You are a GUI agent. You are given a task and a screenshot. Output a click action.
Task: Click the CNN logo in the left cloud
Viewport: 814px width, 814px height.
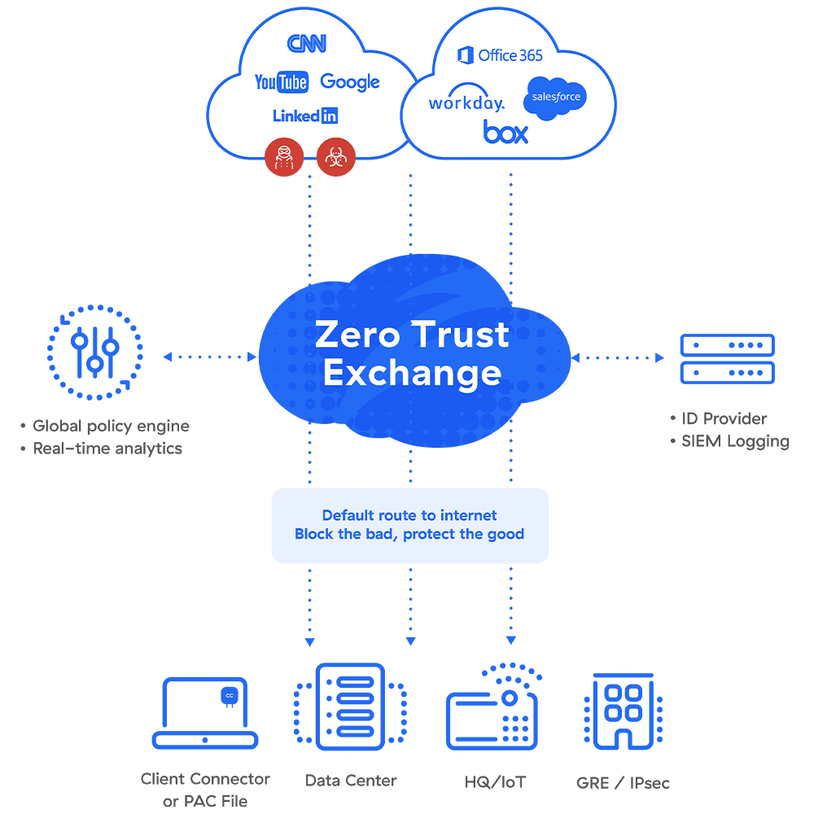pos(306,43)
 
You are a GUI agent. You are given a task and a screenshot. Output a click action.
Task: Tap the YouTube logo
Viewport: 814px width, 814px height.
pos(281,82)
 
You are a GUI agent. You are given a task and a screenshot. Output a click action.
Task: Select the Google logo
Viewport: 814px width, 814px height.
pos(350,81)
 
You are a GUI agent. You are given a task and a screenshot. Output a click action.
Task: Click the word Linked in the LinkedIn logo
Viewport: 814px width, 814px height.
pos(296,116)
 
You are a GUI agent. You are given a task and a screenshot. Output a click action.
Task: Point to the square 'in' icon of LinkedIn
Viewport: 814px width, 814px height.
pos(330,116)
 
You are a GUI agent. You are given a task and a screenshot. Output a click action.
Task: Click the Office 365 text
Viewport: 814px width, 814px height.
pos(510,55)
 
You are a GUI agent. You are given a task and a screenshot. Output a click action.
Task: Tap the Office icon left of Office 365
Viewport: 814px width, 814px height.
pos(466,55)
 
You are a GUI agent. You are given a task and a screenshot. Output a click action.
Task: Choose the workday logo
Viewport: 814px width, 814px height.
pos(466,103)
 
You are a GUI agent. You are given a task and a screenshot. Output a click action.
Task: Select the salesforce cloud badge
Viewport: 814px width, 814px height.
pos(556,97)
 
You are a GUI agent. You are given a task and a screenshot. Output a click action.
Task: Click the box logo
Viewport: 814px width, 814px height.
pos(505,132)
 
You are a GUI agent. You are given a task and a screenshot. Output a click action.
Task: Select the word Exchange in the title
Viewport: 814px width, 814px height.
pos(412,373)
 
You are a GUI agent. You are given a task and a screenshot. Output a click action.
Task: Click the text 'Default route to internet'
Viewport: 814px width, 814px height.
pos(409,515)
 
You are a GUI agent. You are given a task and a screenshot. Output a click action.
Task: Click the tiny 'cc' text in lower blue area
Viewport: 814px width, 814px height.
pos(230,696)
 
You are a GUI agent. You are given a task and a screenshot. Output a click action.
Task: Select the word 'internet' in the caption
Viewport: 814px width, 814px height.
pos(468,515)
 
